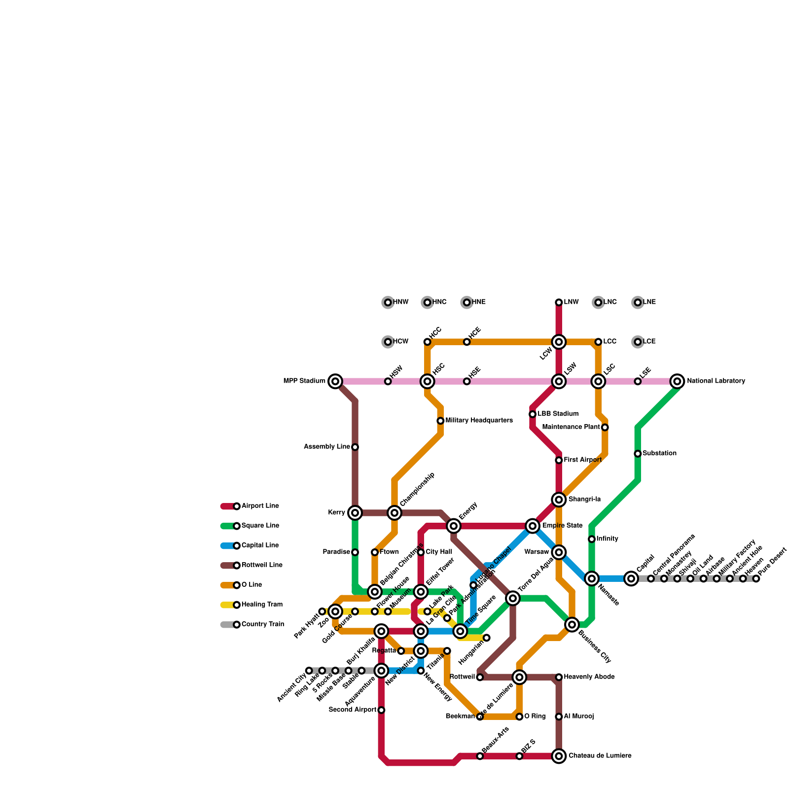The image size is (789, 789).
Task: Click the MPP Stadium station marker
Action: tap(335, 381)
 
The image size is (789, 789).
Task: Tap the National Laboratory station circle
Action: tap(678, 381)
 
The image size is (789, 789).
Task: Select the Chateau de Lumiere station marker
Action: tap(559, 756)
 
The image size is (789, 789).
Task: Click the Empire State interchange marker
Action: tap(533, 526)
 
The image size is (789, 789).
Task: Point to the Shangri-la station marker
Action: tap(559, 500)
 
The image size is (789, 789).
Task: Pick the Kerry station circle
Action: tap(355, 513)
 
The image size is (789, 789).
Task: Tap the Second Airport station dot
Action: tap(381, 710)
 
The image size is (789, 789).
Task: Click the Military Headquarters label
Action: tap(479, 421)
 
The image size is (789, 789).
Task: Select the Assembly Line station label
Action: tap(327, 447)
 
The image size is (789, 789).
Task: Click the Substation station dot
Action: tap(638, 454)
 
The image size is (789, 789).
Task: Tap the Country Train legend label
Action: tap(262, 624)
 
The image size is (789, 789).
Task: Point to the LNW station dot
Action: tap(559, 302)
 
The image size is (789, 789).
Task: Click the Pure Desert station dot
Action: tap(756, 578)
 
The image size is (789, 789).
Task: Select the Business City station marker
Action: tap(572, 625)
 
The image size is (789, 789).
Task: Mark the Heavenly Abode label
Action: tap(589, 677)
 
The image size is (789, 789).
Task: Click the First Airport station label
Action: tap(582, 460)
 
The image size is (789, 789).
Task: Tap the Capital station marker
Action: tap(631, 578)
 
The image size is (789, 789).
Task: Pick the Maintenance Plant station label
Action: tap(571, 427)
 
